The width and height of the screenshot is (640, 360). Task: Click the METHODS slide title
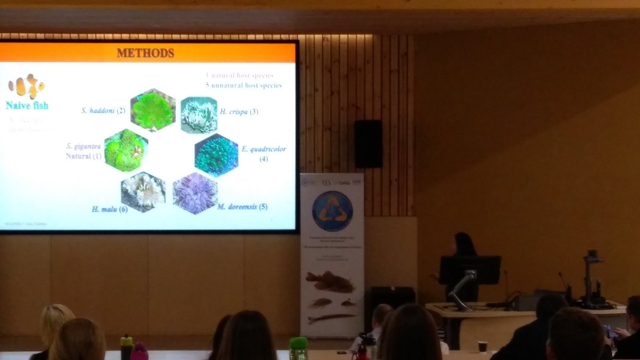(146, 53)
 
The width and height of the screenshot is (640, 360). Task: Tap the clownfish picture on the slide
(26, 86)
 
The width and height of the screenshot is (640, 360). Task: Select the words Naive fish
(27, 105)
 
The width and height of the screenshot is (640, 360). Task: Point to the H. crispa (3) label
(239, 112)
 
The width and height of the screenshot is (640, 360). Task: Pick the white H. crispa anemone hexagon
(199, 115)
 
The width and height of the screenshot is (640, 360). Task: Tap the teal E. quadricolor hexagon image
(216, 155)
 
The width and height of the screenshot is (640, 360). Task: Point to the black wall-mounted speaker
(368, 143)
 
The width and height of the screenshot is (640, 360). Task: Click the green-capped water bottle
(298, 348)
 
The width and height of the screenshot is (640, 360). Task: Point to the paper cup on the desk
(482, 347)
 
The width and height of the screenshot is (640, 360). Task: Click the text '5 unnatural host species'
(243, 85)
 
